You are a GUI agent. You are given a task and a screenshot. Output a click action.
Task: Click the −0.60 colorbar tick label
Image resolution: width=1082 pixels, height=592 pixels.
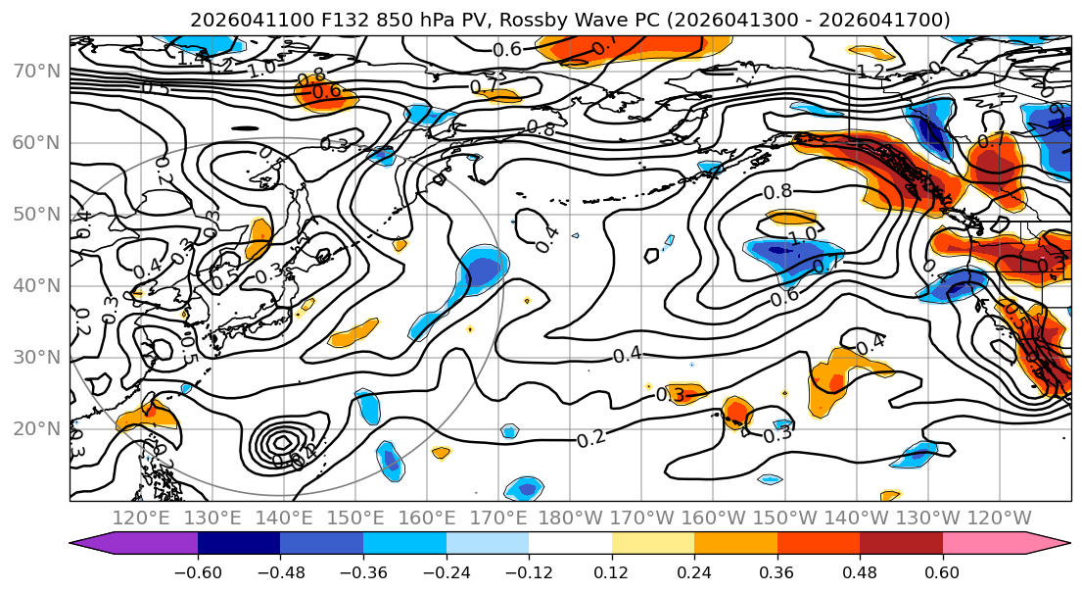click(x=198, y=570)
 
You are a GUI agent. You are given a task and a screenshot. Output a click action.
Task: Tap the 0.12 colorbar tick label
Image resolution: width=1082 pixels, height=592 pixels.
click(x=611, y=570)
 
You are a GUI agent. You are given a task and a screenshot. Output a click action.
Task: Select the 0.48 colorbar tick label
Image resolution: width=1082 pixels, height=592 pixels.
click(x=860, y=570)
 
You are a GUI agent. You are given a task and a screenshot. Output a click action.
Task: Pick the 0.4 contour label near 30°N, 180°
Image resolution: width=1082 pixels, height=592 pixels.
click(x=628, y=354)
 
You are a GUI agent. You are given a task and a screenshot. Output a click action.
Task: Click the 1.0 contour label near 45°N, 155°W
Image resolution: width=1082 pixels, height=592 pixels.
click(x=801, y=235)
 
